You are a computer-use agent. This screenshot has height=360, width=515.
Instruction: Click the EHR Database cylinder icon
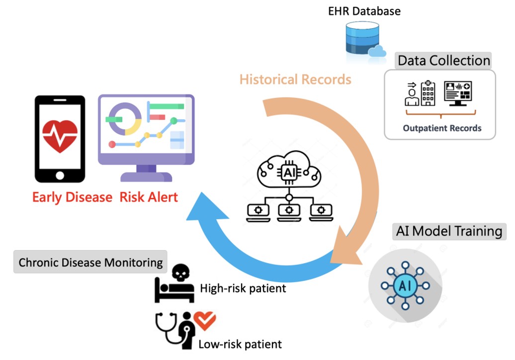362,38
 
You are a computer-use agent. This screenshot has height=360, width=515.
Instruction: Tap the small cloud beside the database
377,52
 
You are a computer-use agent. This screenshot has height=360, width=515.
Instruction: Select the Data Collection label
443,61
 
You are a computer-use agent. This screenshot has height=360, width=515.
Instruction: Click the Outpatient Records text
442,128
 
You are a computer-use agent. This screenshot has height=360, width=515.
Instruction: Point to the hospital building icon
428,93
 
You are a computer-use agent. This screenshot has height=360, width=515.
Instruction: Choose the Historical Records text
295,80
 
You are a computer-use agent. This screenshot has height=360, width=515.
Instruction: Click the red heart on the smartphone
60,136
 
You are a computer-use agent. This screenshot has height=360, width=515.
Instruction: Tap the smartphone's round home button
60,176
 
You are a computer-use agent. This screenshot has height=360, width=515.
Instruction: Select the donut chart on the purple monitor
125,119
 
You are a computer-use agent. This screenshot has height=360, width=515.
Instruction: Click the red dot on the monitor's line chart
112,144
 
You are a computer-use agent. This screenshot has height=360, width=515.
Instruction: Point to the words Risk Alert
149,197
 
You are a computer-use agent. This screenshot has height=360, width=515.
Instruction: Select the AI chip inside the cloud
289,172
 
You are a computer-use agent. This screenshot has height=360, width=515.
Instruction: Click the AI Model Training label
449,231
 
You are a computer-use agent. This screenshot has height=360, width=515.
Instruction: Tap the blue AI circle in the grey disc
405,285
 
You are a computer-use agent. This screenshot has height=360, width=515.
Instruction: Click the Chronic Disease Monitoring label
90,263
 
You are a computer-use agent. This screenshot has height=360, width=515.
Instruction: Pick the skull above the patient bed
180,272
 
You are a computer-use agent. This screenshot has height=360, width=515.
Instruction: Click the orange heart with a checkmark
205,320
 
